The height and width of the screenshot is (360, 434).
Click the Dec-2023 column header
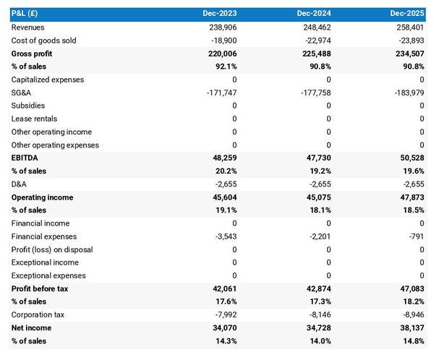point(219,14)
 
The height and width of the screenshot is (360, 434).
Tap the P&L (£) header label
point(26,14)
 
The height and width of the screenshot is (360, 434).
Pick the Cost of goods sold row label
point(43,40)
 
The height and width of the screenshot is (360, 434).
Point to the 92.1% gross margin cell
point(224,67)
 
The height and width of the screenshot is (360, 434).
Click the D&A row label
point(20,184)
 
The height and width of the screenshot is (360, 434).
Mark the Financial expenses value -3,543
point(224,236)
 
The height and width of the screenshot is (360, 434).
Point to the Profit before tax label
point(40,289)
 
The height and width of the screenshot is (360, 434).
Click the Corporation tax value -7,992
point(224,315)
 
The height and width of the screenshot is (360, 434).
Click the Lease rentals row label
point(34,119)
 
